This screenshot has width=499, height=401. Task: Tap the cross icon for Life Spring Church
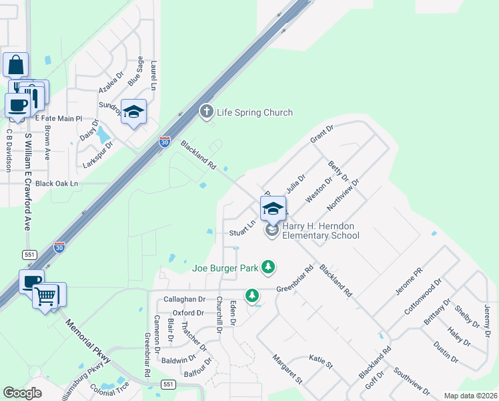(207, 112)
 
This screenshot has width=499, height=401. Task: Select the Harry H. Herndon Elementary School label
(320, 231)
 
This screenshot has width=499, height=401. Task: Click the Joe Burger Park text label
(225, 268)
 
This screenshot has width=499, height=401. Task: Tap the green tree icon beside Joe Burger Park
(268, 267)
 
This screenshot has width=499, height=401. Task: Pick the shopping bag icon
(16, 65)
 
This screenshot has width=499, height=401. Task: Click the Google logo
(23, 393)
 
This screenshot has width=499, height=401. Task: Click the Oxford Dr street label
(188, 313)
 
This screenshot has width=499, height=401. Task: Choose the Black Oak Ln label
(57, 183)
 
